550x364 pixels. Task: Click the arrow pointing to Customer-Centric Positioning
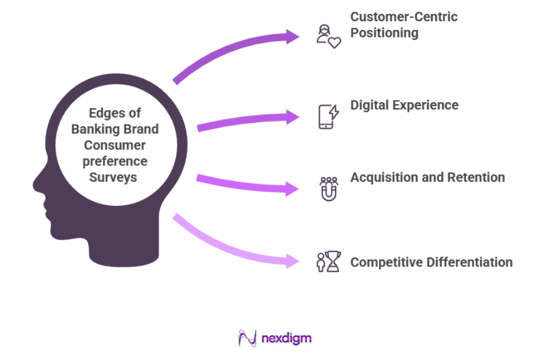pyautogui.click(x=235, y=53)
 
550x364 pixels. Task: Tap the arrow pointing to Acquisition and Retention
pyautogui.click(x=247, y=183)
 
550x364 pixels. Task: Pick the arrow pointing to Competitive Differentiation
pyautogui.click(x=235, y=247)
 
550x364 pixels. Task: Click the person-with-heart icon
pyautogui.click(x=328, y=36)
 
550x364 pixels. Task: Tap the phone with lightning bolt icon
pyautogui.click(x=328, y=116)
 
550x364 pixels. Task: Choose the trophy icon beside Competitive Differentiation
pyautogui.click(x=333, y=262)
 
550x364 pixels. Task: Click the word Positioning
pyautogui.click(x=384, y=32)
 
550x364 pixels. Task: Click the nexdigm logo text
pyautogui.click(x=286, y=338)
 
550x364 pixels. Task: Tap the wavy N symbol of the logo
pyautogui.click(x=247, y=338)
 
